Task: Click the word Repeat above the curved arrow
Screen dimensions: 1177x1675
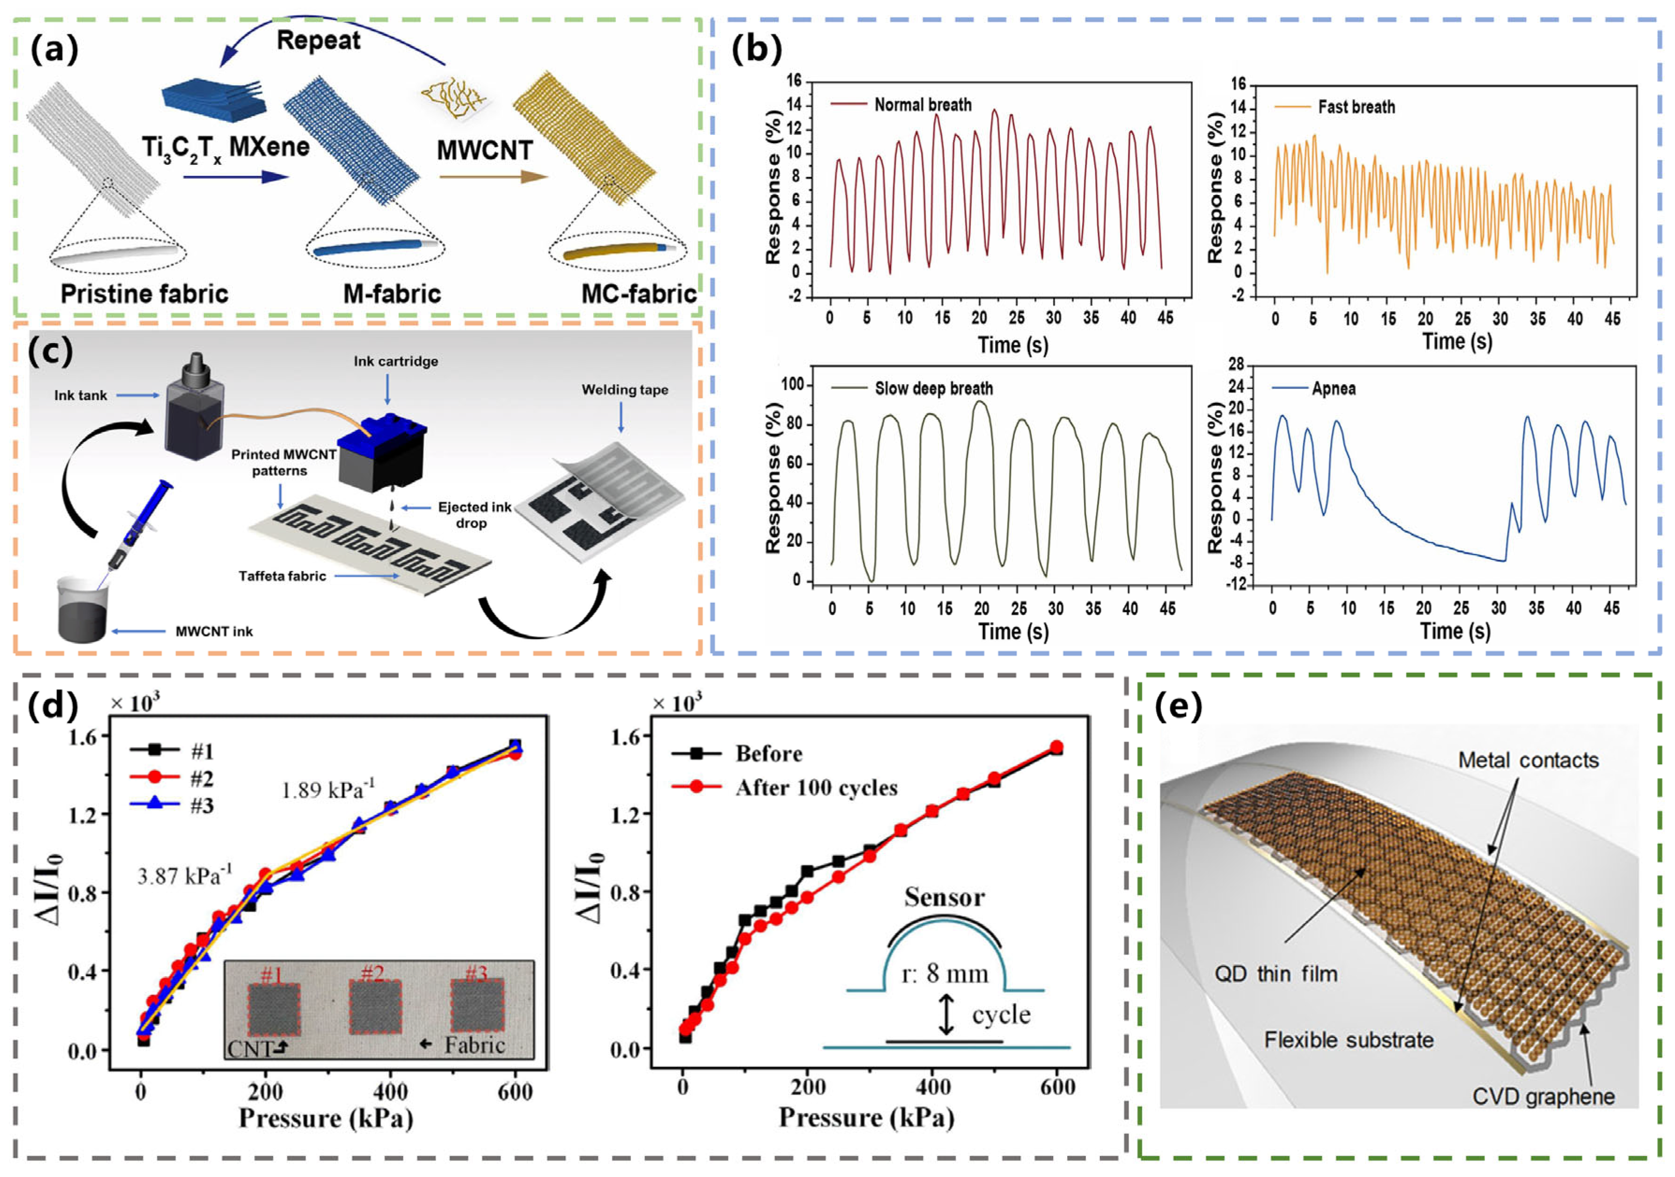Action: pyautogui.click(x=318, y=40)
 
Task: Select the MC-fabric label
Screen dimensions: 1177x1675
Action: pyautogui.click(x=638, y=293)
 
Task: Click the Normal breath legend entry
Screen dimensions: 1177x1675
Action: pyautogui.click(x=922, y=105)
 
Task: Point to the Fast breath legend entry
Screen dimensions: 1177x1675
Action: pyautogui.click(x=1355, y=107)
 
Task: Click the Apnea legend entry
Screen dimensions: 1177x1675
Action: pyautogui.click(x=1333, y=388)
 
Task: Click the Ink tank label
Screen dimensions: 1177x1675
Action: pyautogui.click(x=80, y=395)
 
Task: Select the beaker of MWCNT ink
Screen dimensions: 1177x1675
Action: pyautogui.click(x=83, y=609)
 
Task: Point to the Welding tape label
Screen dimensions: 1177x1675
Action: pyautogui.click(x=625, y=390)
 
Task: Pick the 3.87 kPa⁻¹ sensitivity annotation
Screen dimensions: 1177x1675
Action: pyautogui.click(x=184, y=874)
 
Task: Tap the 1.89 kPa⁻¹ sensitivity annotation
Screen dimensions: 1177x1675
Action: pyautogui.click(x=328, y=789)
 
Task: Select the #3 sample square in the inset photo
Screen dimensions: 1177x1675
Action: pyautogui.click(x=477, y=1008)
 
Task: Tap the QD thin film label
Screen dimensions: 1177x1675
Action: pyautogui.click(x=1275, y=973)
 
